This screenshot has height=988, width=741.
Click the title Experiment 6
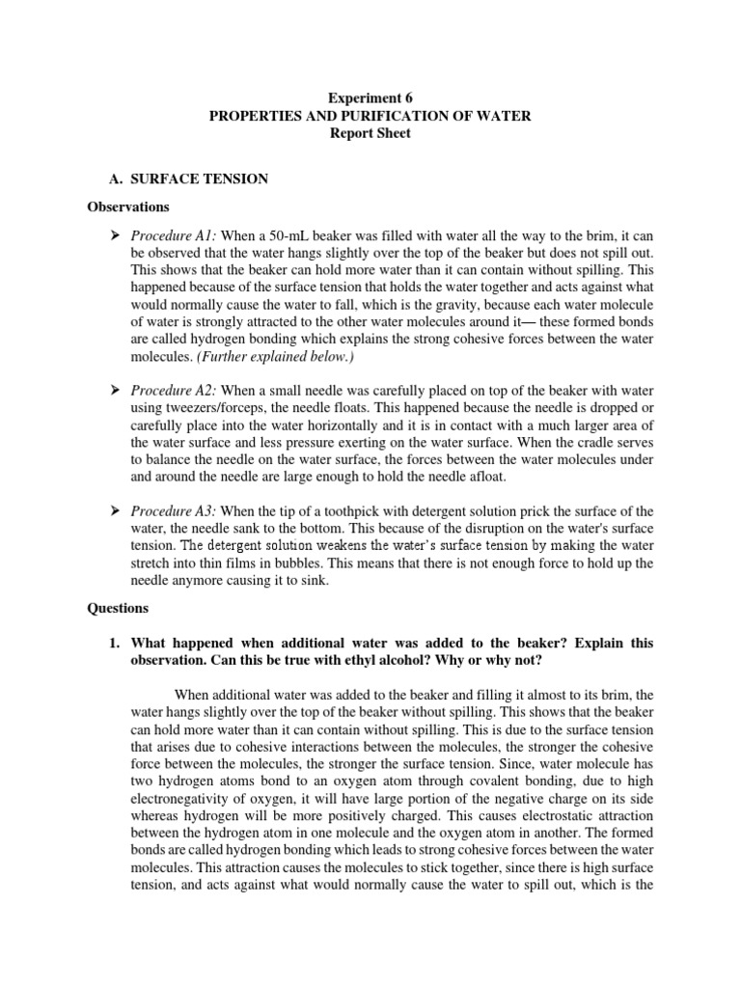(x=370, y=97)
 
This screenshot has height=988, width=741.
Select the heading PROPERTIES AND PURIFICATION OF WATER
(x=370, y=116)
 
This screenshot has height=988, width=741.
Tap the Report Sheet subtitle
(x=370, y=134)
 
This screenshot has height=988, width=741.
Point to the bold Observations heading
(x=128, y=206)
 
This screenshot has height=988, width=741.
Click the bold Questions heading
(x=119, y=608)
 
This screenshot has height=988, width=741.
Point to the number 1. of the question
(x=112, y=641)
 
